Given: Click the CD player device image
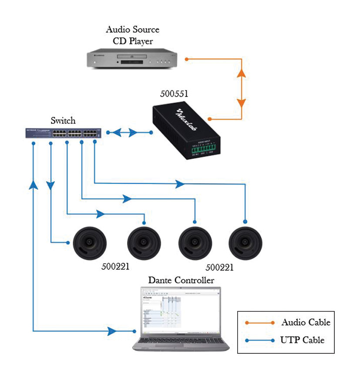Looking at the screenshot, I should coord(133,59).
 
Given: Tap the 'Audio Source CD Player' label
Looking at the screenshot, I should coord(133,35).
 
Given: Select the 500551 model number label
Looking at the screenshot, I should coord(175,94).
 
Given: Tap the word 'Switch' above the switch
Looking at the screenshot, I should coord(63,121).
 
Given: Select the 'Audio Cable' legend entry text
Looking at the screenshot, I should coord(306,322).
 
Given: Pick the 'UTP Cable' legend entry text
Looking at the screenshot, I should coord(303,340).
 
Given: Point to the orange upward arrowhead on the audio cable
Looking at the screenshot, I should coord(241,73).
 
